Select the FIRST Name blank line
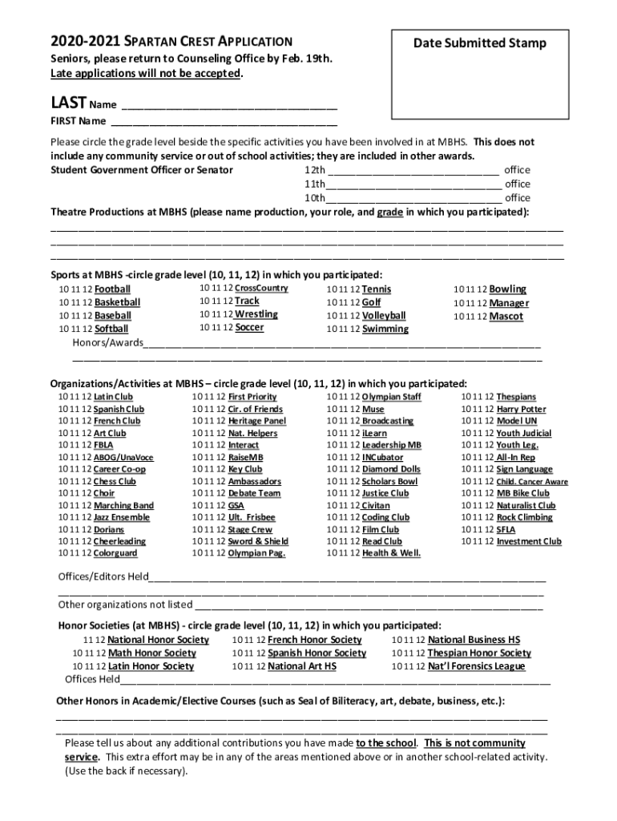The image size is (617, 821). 224,123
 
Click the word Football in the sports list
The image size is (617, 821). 112,289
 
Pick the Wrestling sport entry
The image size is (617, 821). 256,314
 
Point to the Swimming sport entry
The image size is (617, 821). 385,330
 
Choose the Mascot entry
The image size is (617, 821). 506,317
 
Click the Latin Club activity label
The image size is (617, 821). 113,397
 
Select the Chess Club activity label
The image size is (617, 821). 115,482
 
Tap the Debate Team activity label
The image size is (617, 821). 254,494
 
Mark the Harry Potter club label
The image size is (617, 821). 521,410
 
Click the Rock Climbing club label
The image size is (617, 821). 524,518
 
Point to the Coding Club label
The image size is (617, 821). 386,518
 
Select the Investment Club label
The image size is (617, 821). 529,542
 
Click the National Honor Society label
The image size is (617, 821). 158,640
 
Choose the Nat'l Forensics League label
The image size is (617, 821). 476,666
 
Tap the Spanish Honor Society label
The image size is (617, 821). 317,653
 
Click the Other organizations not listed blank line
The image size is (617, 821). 369,605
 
